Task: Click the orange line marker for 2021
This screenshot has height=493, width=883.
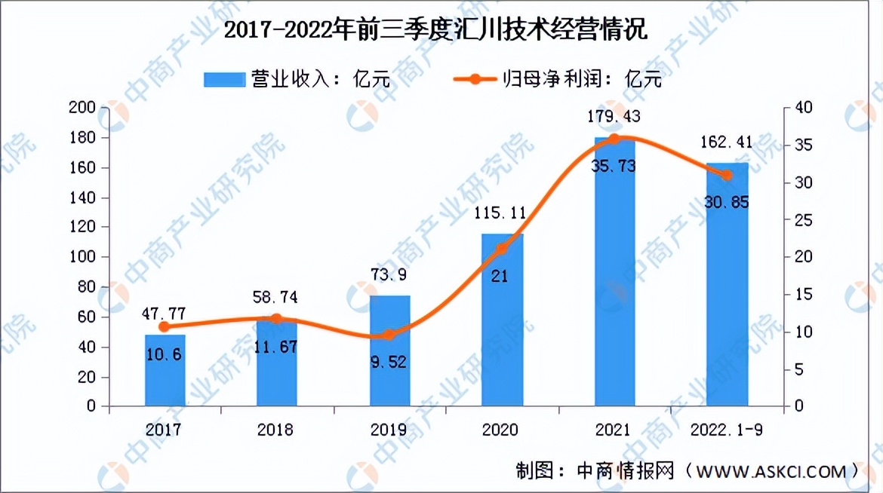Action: (614, 139)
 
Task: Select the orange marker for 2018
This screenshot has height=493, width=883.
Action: (277, 319)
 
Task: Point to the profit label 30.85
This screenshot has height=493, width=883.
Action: (728, 202)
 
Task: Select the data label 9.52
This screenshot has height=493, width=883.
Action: (389, 363)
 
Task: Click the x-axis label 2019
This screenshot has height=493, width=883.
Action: (389, 430)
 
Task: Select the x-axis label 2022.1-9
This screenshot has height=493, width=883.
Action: (727, 430)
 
